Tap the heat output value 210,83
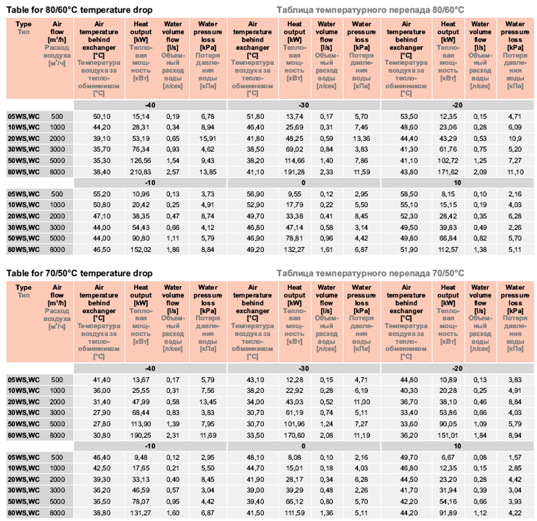[140, 172]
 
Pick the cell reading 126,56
[140, 161]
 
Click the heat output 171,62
[447, 172]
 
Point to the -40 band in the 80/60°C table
[150, 106]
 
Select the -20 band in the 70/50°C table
[457, 369]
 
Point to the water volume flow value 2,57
[174, 172]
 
